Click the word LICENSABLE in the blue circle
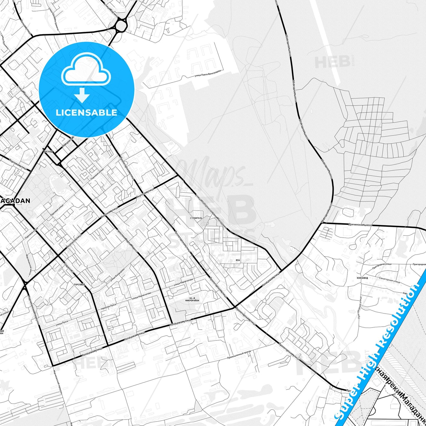coord(86,113)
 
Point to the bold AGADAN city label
coord(16,201)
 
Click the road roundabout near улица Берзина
coord(121,25)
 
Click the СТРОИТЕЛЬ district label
coord(196,218)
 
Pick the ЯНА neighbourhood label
coord(238,260)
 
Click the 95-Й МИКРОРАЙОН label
coord(192,299)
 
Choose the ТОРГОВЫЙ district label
coord(80,285)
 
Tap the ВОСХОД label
coord(48,152)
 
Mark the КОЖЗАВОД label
coord(362,278)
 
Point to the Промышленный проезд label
coord(239,355)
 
